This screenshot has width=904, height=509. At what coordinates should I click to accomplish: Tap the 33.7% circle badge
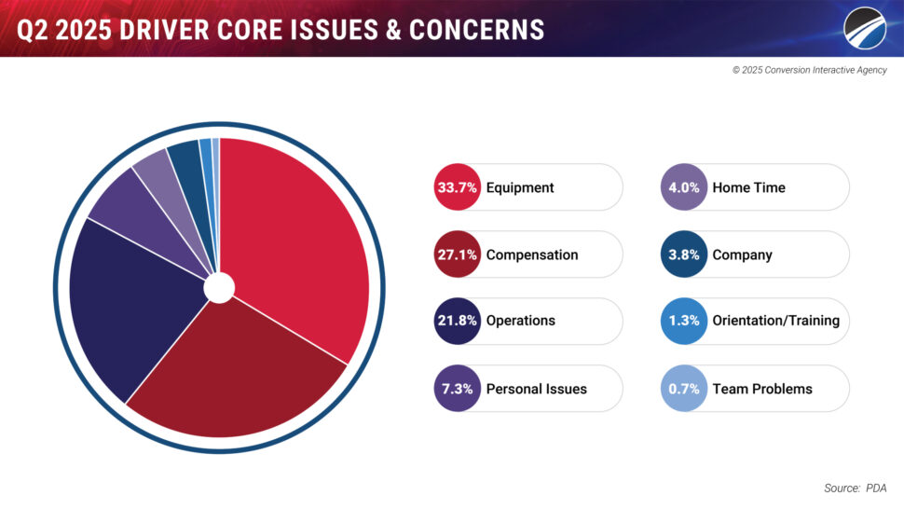(458, 187)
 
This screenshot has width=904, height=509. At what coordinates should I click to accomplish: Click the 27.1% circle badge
(458, 254)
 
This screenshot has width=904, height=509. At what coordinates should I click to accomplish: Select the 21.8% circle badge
(458, 321)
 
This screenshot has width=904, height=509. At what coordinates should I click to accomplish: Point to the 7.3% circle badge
(458, 388)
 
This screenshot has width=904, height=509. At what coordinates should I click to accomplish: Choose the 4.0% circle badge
(684, 187)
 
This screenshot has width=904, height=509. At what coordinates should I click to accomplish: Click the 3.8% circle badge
(684, 254)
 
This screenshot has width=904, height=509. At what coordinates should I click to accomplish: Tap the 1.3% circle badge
(684, 321)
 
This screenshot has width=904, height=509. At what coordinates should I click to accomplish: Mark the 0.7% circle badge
(684, 388)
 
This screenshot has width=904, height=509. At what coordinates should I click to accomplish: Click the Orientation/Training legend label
(775, 321)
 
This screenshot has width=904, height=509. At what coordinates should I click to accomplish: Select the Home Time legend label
(748, 187)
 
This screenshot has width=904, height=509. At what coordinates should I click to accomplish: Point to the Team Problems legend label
(761, 389)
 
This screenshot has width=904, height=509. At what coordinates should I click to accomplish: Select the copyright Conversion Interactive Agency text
(809, 71)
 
